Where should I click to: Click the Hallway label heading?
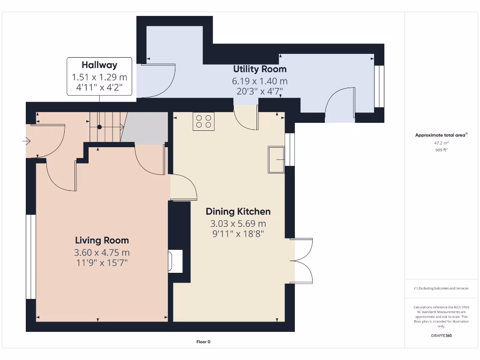(x=99, y=65)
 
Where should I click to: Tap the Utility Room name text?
(x=260, y=69)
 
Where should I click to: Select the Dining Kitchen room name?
(x=238, y=211)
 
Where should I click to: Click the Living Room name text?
(x=102, y=240)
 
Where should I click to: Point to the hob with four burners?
(x=204, y=121)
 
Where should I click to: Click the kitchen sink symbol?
(x=276, y=159)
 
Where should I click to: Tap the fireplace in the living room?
(x=176, y=261)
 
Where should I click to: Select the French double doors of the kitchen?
(x=302, y=260)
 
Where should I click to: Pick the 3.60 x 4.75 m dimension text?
(x=102, y=253)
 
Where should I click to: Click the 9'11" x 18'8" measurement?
(x=238, y=233)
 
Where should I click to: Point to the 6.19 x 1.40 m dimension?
(x=260, y=81)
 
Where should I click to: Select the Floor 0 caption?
(x=203, y=342)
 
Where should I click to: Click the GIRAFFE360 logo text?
(x=442, y=336)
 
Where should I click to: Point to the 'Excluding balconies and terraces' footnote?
(x=441, y=288)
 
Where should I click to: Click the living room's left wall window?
(x=30, y=256)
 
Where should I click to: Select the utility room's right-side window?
(x=379, y=87)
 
